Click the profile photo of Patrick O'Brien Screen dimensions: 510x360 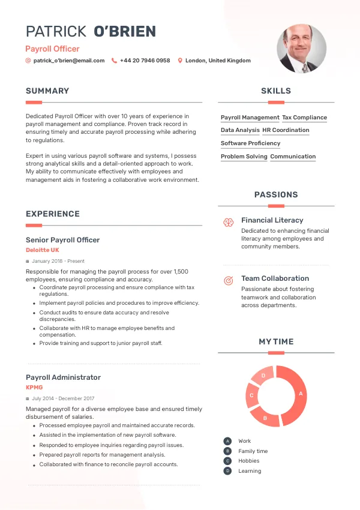(301, 49)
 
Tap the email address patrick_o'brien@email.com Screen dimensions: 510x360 (69, 61)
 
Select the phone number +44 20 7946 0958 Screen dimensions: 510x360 (145, 61)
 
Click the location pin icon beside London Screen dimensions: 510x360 (180, 61)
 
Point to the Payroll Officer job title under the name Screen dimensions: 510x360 (52, 49)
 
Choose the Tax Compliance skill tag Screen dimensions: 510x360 (305, 118)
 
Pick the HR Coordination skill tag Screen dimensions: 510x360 (286, 130)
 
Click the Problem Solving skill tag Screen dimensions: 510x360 (244, 157)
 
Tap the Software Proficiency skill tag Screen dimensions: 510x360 (250, 143)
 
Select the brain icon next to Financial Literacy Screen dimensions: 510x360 (229, 222)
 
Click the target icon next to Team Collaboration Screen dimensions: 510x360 (229, 280)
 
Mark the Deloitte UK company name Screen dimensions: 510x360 (43, 250)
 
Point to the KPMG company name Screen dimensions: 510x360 (34, 388)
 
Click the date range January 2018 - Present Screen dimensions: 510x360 (58, 261)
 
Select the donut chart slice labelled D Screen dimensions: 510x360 (263, 376)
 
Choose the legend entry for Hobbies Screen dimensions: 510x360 (249, 461)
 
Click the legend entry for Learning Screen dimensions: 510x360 (250, 471)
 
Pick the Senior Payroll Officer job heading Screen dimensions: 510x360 (63, 240)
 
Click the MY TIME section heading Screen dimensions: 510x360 (276, 341)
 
